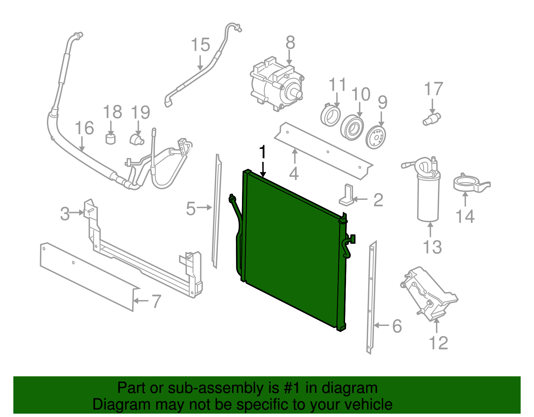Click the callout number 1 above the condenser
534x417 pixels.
coord(263,152)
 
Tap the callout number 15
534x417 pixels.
coord(200,45)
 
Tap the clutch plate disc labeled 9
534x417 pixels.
coord(375,138)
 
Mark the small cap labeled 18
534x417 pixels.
coord(110,139)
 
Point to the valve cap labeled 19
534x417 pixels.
coord(136,139)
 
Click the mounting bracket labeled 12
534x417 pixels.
coord(429,294)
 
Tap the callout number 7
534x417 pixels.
coord(156,301)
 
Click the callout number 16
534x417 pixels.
coord(84,129)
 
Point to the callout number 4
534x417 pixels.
coord(294,174)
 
